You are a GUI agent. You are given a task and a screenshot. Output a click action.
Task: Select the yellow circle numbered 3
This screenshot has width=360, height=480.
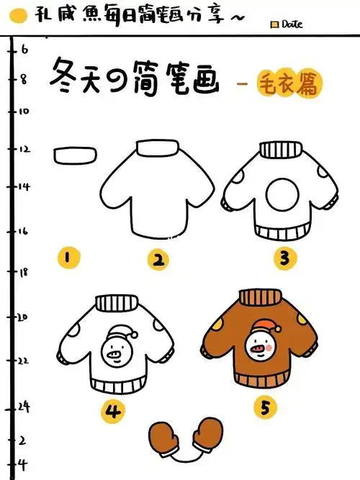tap(284, 257)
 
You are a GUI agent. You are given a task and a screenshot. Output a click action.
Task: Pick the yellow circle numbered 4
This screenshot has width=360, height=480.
tap(113, 412)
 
